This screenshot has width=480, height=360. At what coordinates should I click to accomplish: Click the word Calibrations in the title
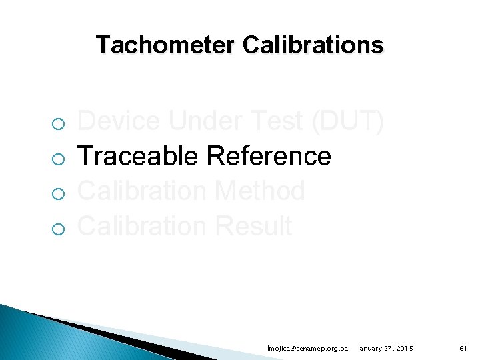tap(313, 45)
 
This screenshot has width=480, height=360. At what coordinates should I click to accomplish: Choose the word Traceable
tap(139, 156)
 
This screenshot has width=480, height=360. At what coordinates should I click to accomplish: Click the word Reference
tap(269, 156)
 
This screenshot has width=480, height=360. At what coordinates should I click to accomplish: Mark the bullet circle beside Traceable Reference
tap(59, 159)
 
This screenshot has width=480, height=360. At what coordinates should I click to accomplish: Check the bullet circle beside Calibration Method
tap(59, 194)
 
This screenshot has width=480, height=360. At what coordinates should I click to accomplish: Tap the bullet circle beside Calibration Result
tap(59, 229)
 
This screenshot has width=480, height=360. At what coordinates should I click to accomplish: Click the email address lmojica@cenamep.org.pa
tap(307, 349)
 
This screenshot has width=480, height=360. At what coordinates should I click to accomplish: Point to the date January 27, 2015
tap(385, 349)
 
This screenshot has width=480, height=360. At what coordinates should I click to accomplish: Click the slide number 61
tap(463, 349)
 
